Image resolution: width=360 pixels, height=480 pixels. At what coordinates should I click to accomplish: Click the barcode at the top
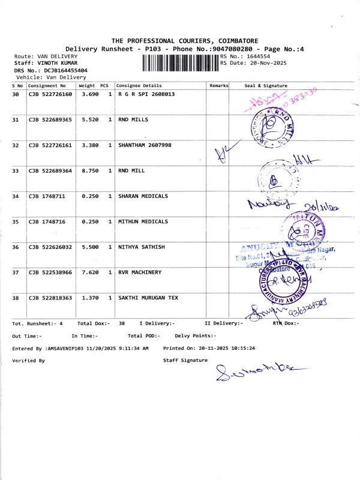[x=181, y=63]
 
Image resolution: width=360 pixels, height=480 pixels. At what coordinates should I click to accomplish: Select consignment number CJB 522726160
[x=50, y=95]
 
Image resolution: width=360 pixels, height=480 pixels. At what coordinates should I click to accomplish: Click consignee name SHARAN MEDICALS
[x=143, y=196]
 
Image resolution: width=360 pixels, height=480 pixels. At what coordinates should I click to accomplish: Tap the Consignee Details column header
[x=139, y=86]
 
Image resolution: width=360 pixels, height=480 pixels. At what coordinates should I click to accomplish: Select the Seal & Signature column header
[x=266, y=86]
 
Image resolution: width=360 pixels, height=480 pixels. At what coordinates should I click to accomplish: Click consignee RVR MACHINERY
[x=140, y=272]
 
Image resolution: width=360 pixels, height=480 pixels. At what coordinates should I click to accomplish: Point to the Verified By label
[x=28, y=361]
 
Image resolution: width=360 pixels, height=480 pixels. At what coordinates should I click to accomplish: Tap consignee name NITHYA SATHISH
[x=141, y=247]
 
